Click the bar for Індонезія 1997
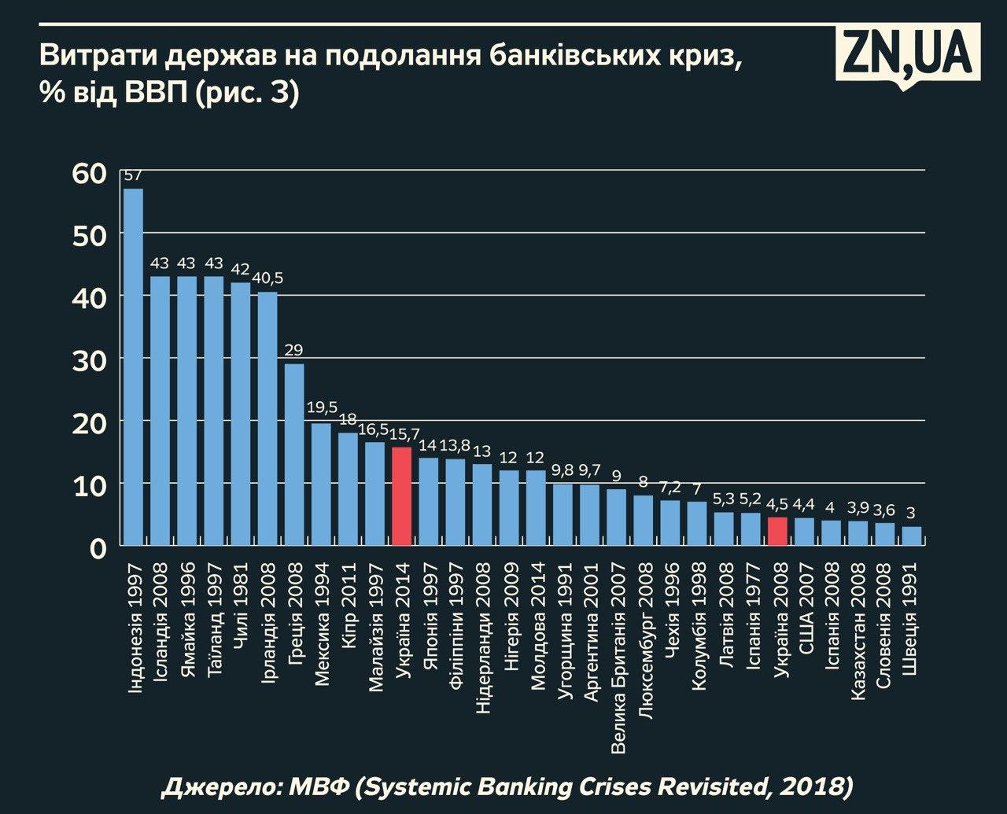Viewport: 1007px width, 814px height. [133, 366]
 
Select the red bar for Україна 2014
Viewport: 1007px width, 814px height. [401, 495]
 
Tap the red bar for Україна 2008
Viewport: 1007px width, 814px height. [777, 531]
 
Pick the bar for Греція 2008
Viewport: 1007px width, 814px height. [294, 454]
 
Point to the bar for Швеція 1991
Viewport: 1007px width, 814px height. [911, 536]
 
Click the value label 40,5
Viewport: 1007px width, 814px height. [267, 279]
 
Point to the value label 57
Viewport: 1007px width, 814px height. [133, 175]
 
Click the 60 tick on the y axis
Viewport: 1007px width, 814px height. [88, 173]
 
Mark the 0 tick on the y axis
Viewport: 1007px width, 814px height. [97, 547]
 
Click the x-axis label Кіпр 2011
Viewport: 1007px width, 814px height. [349, 595]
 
